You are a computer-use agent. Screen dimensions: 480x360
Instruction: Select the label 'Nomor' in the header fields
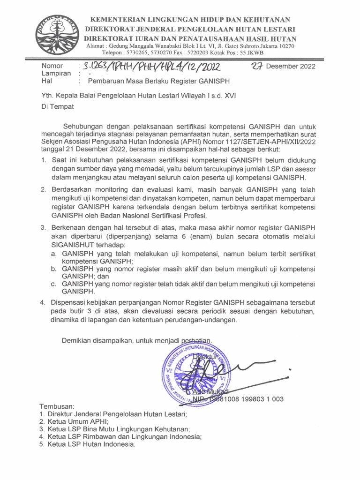click(x=52, y=66)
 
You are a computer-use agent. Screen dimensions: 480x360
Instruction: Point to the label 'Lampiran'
click(x=56, y=74)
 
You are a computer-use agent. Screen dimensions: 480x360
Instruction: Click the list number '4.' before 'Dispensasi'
click(x=43, y=303)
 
